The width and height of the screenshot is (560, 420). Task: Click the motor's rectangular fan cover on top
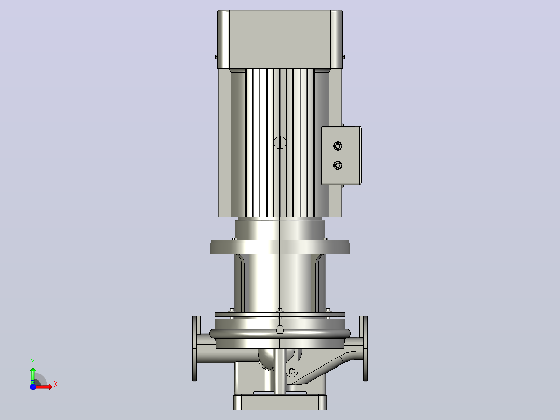[280, 40]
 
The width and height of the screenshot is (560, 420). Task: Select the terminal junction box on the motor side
[341, 155]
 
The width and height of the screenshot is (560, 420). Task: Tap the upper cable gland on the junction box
[338, 146]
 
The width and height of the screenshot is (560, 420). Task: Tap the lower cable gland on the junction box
[338, 165]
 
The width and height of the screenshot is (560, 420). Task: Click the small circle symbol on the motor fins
[280, 142]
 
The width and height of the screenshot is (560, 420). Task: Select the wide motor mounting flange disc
[280, 247]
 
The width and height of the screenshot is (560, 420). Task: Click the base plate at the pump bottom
[280, 402]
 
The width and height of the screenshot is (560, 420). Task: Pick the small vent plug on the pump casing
[280, 329]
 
